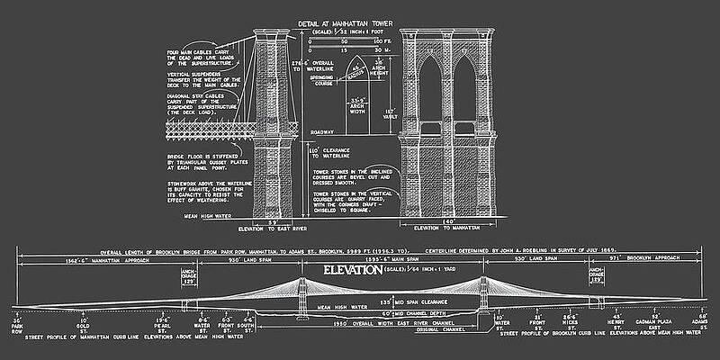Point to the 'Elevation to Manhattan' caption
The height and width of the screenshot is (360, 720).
[x=448, y=228]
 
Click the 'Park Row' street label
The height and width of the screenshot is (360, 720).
[x=16, y=326]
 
